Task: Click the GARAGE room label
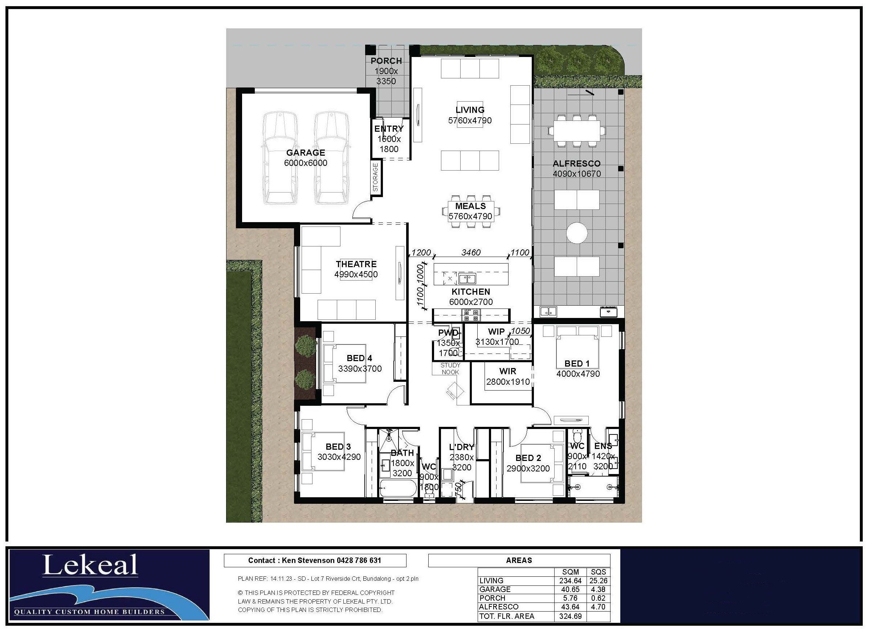click(305, 153)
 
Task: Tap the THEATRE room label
click(356, 264)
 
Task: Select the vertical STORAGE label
click(376, 177)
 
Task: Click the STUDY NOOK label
click(450, 368)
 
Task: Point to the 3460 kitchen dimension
click(471, 252)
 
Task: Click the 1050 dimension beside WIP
click(520, 331)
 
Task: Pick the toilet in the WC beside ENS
click(577, 436)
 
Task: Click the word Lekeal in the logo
click(90, 565)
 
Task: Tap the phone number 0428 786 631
click(359, 560)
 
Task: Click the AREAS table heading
click(519, 560)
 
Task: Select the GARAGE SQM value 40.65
click(570, 589)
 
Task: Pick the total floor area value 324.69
click(570, 616)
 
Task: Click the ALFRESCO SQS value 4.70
click(598, 607)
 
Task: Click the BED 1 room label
click(577, 364)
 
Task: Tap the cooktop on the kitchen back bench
click(471, 315)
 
